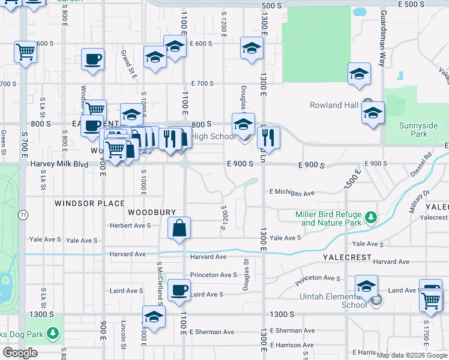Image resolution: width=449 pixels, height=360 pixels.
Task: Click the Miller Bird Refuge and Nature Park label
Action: (332, 218)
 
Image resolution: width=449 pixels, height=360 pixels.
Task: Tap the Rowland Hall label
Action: (334, 106)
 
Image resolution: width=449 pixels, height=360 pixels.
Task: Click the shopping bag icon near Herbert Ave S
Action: (179, 228)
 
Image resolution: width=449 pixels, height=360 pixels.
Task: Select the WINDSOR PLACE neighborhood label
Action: (89, 203)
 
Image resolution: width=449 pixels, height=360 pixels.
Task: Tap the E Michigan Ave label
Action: (292, 193)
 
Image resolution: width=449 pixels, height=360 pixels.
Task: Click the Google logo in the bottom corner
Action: (19, 353)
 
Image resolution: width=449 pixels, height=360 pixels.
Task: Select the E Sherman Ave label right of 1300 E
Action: (293, 331)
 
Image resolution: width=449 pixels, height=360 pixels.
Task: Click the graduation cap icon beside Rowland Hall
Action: (373, 113)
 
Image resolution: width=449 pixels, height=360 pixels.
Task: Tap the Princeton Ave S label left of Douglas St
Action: (214, 275)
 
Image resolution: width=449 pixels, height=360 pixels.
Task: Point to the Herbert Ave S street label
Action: (130, 226)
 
